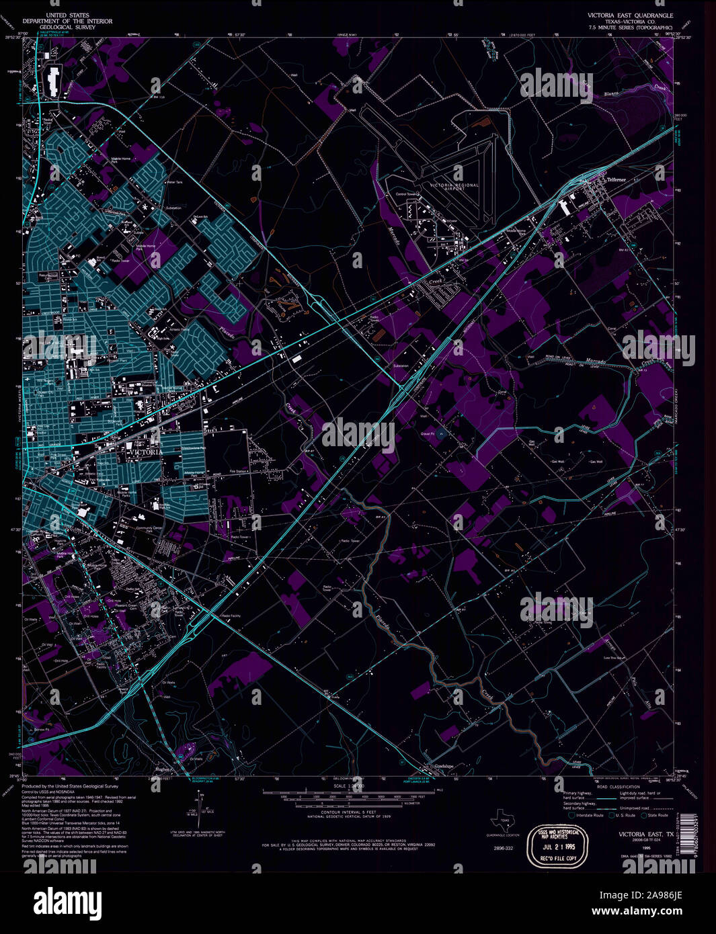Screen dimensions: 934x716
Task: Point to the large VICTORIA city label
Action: tap(143, 452)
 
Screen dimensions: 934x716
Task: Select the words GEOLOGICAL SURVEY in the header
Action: tap(67, 28)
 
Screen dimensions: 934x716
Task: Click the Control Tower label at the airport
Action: tap(407, 194)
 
